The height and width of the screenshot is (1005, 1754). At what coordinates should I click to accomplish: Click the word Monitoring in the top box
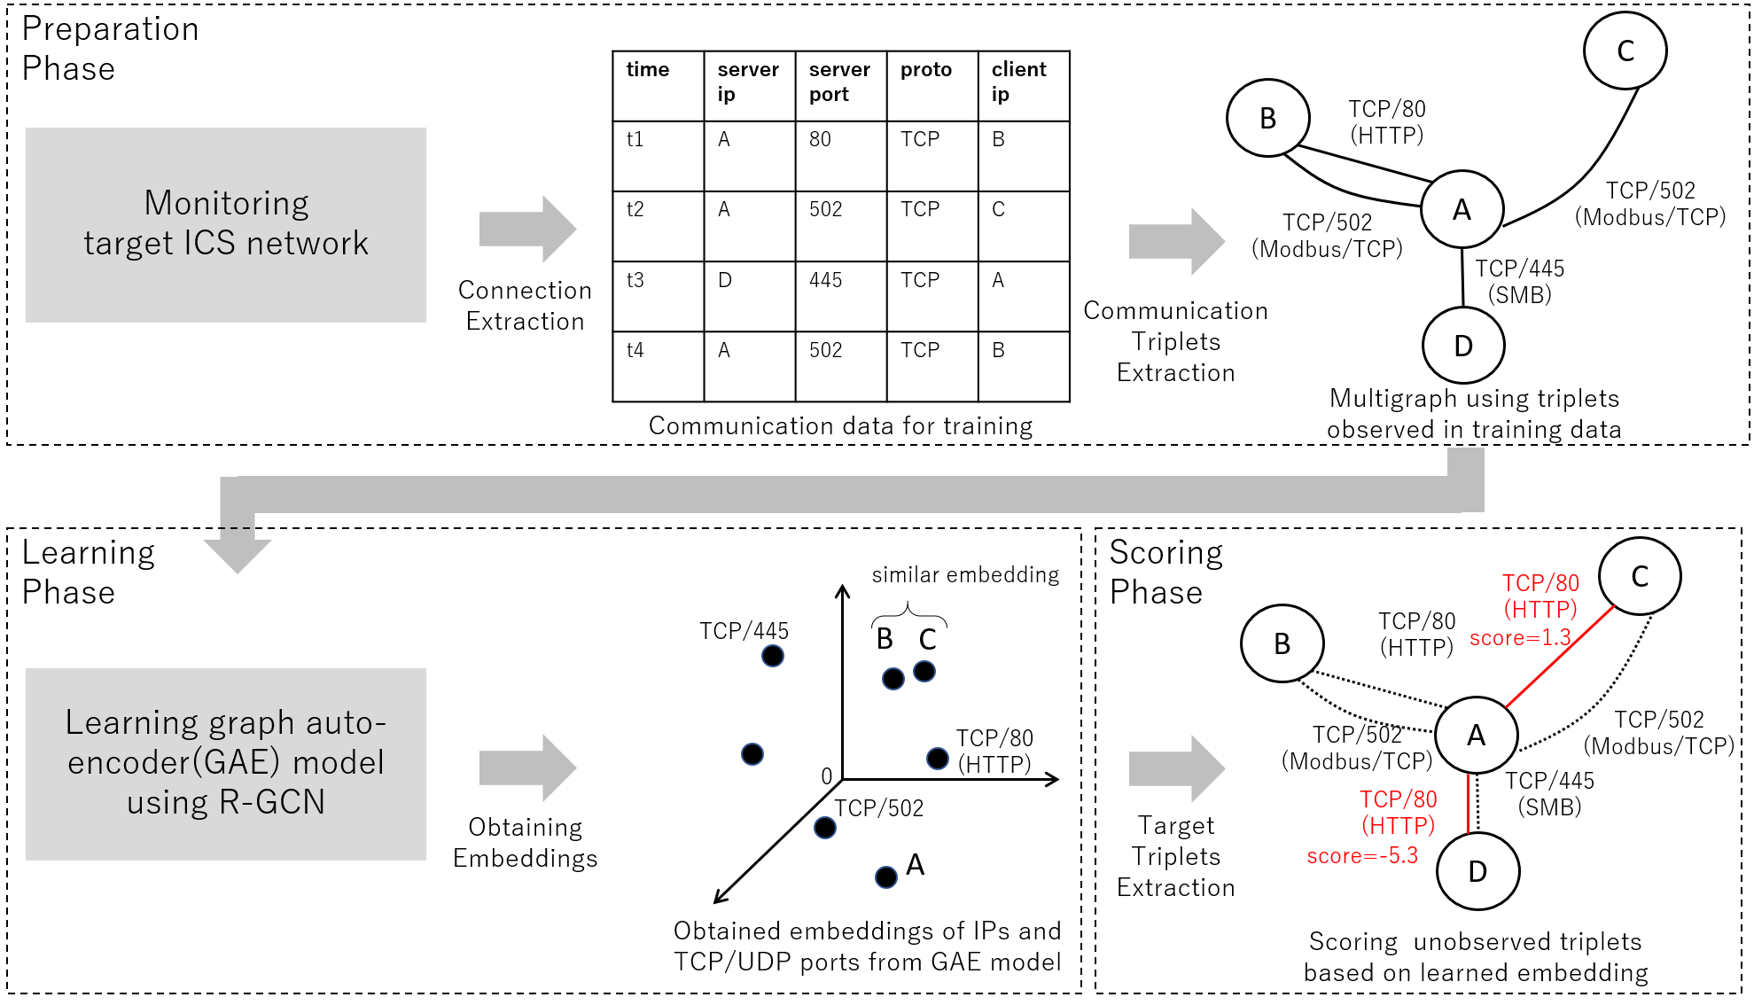point(226,204)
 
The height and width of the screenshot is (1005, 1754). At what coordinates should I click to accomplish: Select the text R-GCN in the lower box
point(271,802)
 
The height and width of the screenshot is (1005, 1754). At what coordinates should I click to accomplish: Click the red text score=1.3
point(1519,638)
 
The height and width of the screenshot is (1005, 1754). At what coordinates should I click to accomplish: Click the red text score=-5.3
point(1362,856)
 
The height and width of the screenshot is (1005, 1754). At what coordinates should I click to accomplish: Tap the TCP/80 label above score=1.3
point(1540,583)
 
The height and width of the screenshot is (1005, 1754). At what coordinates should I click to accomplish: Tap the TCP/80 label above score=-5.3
point(1398,799)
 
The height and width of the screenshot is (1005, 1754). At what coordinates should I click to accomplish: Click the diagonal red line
point(1560,657)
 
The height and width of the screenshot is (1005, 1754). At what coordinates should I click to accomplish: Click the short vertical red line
point(1468,804)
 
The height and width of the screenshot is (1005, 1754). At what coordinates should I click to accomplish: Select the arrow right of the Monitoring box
point(527,230)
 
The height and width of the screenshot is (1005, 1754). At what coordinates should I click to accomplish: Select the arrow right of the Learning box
point(527,768)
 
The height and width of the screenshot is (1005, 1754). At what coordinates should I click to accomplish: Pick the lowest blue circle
point(886,877)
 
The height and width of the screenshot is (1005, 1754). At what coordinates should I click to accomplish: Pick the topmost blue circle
point(773,656)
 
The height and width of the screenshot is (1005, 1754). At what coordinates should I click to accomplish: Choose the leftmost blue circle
point(752,754)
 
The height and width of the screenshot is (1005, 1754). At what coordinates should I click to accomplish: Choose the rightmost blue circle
point(938,759)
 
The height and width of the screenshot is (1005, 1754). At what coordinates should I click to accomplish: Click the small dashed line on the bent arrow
point(235,528)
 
